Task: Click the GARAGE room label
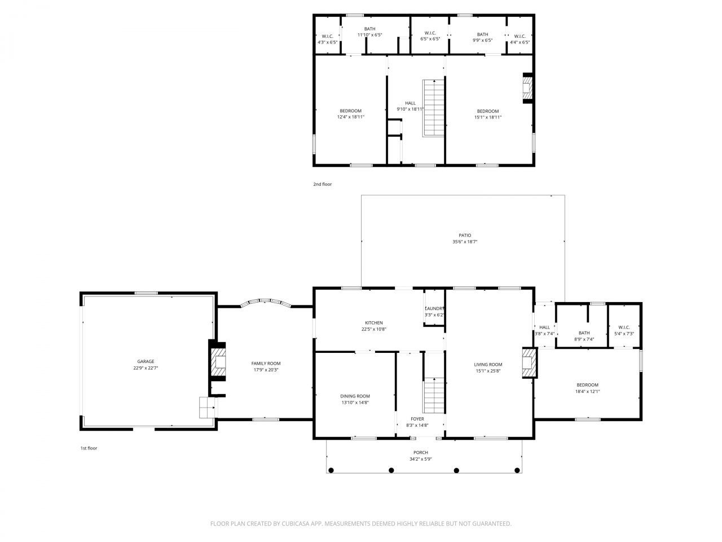coord(146,361)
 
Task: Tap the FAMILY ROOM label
coord(266,364)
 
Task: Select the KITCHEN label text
coord(373,323)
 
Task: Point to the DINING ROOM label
coord(355,396)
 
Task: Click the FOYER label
coord(417,419)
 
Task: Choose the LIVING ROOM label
coord(488,365)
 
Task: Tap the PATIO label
coord(464,235)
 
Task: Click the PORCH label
coord(420,453)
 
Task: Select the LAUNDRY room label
coord(434,308)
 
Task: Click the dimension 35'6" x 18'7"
coord(464,242)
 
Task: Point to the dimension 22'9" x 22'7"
coord(146,368)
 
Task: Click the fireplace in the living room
coord(529,363)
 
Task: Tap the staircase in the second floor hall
coord(434,107)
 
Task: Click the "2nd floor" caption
coord(323,184)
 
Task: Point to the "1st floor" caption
coord(89,448)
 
